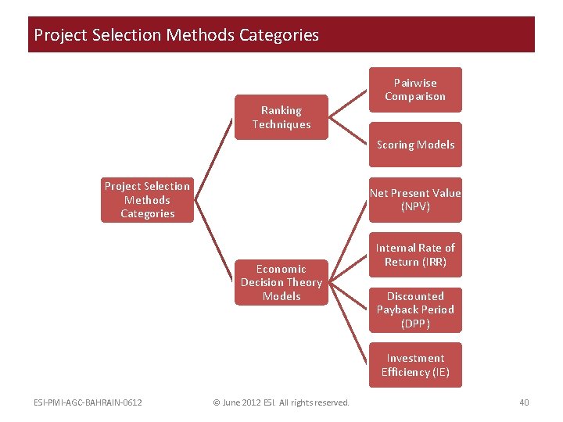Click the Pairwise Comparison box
[415, 90]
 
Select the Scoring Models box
[415, 145]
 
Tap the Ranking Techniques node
[281, 117]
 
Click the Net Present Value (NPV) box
[415, 199]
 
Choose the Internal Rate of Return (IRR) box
[415, 255]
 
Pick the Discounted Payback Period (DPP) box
[415, 309]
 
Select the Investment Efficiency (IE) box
[415, 365]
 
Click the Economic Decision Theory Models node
[281, 282]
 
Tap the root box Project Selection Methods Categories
[147, 200]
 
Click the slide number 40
[524, 402]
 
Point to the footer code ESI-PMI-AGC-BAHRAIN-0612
[88, 402]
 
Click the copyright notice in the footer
[281, 402]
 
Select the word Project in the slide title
[59, 35]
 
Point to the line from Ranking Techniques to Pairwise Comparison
[349, 103]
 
